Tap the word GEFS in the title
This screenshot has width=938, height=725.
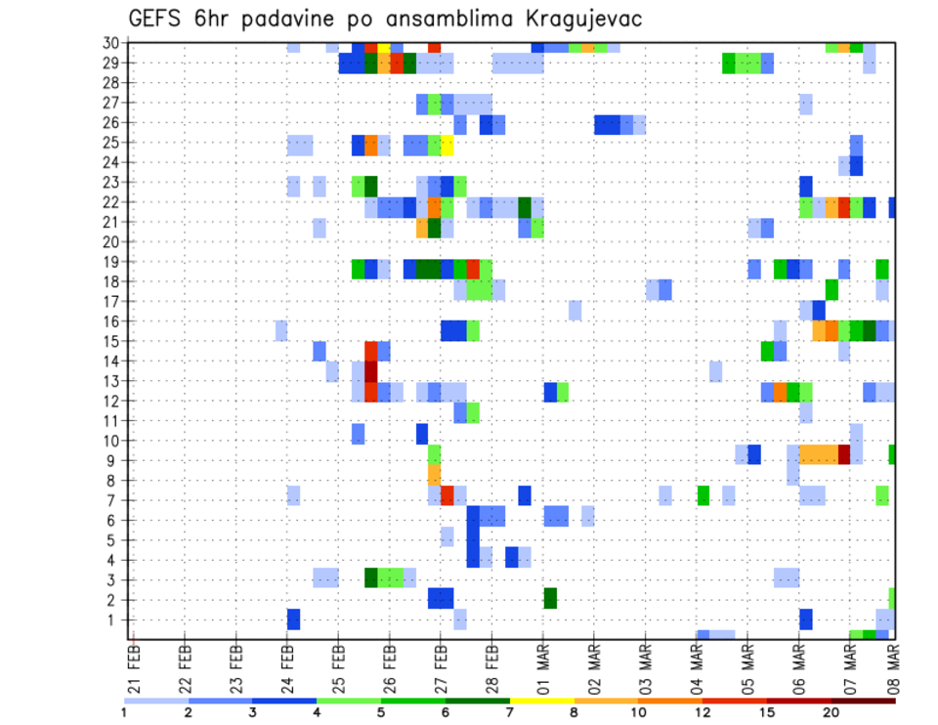pyautogui.click(x=161, y=19)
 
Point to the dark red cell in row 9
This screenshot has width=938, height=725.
pyautogui.click(x=844, y=454)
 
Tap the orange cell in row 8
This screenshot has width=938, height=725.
pyautogui.click(x=434, y=474)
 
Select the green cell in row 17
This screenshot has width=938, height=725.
pyautogui.click(x=831, y=289)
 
